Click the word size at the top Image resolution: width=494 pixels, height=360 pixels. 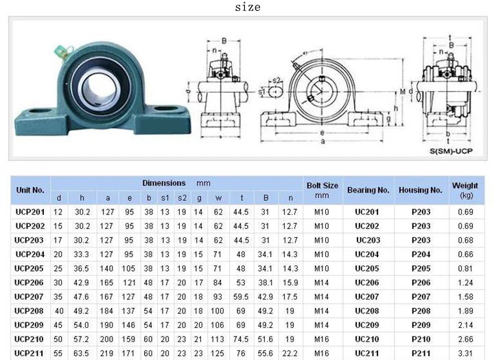(248, 8)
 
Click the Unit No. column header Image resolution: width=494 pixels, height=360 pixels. (30, 190)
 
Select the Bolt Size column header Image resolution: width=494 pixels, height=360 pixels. (322, 190)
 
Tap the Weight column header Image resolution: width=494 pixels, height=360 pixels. (464, 190)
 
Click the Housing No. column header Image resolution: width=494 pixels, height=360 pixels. (421, 190)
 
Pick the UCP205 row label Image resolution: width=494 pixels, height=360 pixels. (30, 268)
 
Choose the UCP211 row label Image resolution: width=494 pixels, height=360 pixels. (30, 353)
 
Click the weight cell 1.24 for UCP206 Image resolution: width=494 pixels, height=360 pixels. (465, 283)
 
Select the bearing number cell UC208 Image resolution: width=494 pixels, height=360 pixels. (367, 311)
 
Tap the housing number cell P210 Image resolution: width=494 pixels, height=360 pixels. (421, 339)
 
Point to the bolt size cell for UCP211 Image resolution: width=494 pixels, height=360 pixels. (322, 353)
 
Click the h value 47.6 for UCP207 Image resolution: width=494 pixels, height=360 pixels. (82, 296)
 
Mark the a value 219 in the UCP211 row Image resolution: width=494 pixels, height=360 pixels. (108, 353)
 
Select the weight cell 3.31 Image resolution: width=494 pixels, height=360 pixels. (465, 353)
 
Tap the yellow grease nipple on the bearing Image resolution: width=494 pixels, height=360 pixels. (60, 49)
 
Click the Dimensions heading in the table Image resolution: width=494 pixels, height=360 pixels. (165, 183)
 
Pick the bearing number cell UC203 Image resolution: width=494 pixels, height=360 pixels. (368, 240)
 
